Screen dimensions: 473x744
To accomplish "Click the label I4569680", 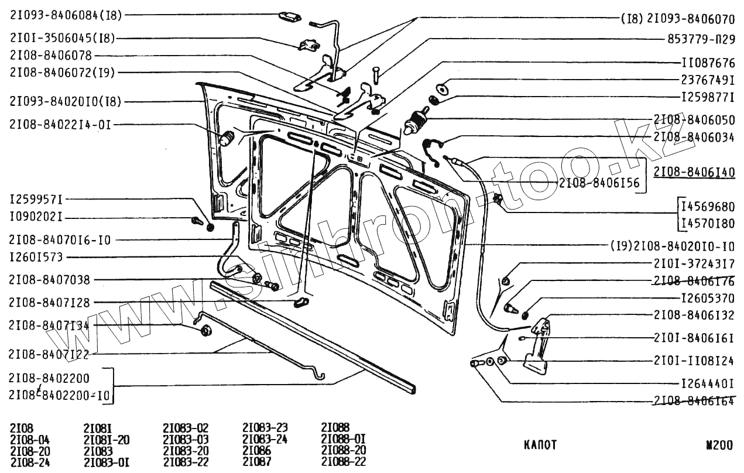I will click(x=707, y=207).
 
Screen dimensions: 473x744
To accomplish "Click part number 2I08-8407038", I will click(x=50, y=280).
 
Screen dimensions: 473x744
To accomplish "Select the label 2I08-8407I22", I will click(x=49, y=354).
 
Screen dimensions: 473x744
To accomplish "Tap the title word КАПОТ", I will click(x=540, y=445).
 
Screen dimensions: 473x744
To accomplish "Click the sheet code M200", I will click(x=719, y=445).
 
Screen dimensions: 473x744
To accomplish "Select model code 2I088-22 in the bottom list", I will click(x=344, y=462).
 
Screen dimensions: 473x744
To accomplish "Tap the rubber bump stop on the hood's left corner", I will click(x=227, y=139).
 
